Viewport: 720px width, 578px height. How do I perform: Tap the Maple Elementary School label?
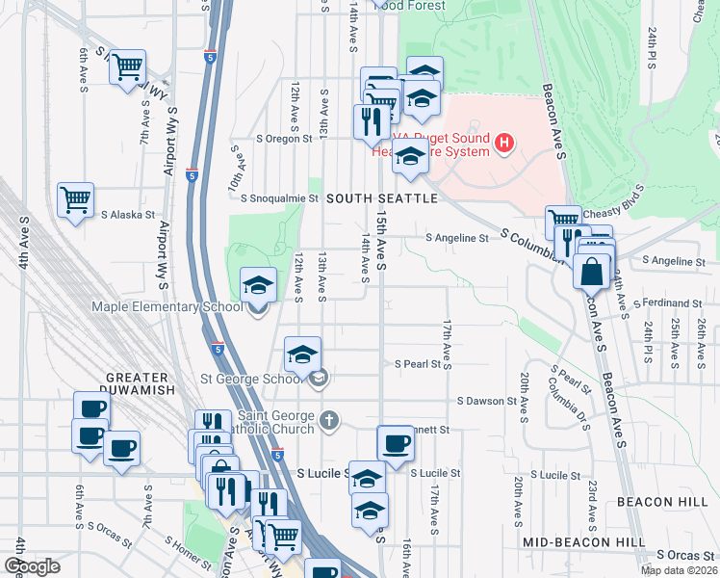[x=167, y=307]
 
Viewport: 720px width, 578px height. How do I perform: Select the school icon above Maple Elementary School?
[x=257, y=286]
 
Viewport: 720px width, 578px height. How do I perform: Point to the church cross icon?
[x=329, y=420]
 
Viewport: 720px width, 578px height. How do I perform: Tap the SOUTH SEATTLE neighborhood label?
[x=381, y=198]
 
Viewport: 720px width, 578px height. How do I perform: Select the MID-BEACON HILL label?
[x=583, y=542]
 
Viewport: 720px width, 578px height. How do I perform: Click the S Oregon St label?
[x=292, y=139]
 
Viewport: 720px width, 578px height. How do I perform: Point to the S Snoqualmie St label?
[x=279, y=198]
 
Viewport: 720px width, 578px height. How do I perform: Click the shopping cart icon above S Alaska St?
[x=75, y=200]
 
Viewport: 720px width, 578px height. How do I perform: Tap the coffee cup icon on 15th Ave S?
[x=396, y=445]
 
